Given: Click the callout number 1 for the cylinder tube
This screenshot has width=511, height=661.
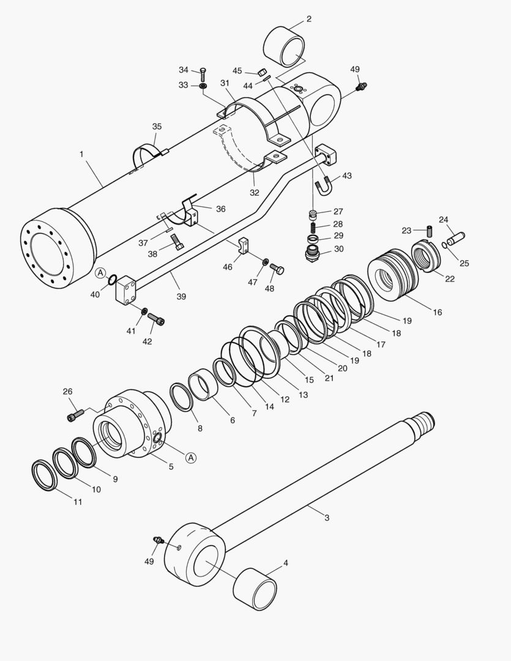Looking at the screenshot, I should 81,154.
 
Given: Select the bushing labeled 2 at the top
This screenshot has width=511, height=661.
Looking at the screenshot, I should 284,46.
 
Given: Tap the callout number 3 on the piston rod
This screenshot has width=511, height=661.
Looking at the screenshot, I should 327,518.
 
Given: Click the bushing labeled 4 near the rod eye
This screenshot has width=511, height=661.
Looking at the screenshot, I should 255,589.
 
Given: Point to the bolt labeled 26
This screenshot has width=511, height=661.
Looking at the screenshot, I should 73,416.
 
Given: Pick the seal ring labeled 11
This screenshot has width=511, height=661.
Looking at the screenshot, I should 44,476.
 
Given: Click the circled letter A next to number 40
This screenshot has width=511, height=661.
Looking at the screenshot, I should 100,272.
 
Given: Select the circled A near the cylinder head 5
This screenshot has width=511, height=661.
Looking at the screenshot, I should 190,457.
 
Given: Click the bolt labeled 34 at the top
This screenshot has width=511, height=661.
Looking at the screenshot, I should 203,75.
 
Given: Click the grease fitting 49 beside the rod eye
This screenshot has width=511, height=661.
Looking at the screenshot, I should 159,541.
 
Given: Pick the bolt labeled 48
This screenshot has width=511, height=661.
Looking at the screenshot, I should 277,269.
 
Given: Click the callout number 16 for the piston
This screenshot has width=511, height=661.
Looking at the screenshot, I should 437,312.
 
